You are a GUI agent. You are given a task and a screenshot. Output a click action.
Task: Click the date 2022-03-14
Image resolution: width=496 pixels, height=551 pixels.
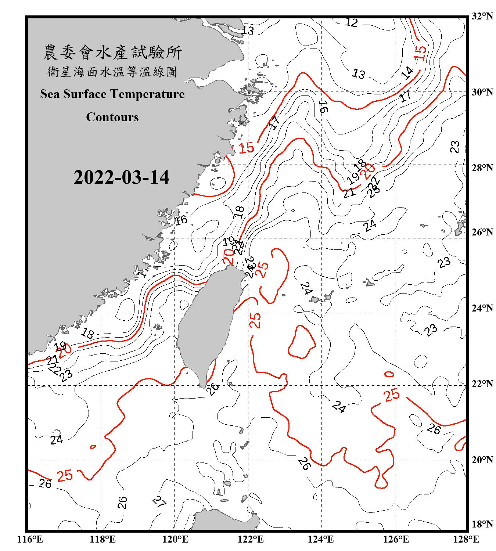click(x=121, y=177)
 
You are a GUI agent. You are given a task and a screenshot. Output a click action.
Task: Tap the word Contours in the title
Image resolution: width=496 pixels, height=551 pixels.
click(x=112, y=117)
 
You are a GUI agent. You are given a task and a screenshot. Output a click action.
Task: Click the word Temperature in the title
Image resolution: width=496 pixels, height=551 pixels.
click(x=147, y=94)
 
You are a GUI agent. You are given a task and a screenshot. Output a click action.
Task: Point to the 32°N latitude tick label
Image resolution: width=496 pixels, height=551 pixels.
click(x=482, y=16)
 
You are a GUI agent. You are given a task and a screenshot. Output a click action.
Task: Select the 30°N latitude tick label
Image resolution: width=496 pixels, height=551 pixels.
click(x=482, y=92)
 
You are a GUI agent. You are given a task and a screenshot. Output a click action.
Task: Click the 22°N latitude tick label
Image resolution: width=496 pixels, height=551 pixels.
click(x=482, y=384)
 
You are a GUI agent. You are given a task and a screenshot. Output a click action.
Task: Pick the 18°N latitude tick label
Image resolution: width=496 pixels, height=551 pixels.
click(x=482, y=524)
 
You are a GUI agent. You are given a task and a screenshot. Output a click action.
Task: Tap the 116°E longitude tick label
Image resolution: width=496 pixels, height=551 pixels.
click(x=30, y=539)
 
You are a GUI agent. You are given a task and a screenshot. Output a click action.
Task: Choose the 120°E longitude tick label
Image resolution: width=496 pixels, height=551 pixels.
click(x=175, y=539)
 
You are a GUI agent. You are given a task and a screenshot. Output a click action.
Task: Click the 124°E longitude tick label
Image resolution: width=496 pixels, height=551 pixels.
click(x=321, y=539)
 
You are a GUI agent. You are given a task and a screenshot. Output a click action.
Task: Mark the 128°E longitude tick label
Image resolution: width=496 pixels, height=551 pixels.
click(x=466, y=539)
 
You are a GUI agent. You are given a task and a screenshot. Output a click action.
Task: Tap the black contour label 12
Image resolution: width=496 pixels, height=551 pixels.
click(x=351, y=23)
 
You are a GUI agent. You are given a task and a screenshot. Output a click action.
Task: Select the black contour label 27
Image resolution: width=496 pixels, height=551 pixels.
click(x=159, y=501)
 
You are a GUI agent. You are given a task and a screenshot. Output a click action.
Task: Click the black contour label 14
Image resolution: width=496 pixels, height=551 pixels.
click(x=407, y=73)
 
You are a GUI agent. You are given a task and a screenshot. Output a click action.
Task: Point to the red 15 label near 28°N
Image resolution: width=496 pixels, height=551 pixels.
click(x=246, y=148)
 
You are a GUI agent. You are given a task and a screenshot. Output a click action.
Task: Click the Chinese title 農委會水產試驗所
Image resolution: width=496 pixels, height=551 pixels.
click(x=112, y=53)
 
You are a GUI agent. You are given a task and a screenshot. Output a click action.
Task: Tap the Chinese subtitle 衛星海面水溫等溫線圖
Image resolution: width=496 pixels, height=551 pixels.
click(x=112, y=72)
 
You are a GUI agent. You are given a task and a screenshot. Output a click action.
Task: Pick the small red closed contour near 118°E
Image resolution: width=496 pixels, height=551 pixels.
click(x=93, y=447)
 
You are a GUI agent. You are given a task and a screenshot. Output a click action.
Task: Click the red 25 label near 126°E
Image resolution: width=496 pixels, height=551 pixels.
click(x=392, y=395)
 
